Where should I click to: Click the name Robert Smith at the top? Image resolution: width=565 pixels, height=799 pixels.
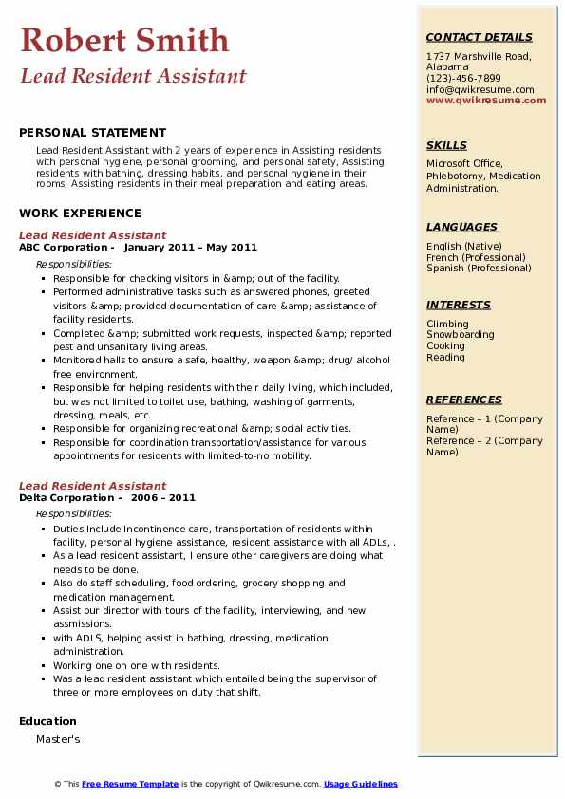point(124,40)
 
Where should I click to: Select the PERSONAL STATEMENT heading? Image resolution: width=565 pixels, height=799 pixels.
point(92,133)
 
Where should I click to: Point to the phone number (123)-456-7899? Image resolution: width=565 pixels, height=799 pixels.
point(463,79)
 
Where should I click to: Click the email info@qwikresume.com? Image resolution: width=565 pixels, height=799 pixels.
point(480,90)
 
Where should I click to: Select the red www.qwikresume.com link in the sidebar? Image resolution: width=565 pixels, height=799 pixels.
point(480,101)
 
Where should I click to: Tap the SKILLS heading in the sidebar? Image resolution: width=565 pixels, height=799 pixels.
point(446,145)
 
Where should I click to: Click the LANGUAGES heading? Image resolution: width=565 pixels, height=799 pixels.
point(461,227)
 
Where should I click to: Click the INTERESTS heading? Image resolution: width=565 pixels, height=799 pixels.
point(459,305)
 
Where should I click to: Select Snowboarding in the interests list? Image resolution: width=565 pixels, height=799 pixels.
point(460,335)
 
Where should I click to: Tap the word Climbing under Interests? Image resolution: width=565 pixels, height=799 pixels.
point(447,324)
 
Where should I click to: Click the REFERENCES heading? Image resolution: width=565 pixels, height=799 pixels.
point(464,399)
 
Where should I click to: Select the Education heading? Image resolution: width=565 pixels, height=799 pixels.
point(47,722)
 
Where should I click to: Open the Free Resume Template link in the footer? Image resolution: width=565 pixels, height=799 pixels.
point(130,784)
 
